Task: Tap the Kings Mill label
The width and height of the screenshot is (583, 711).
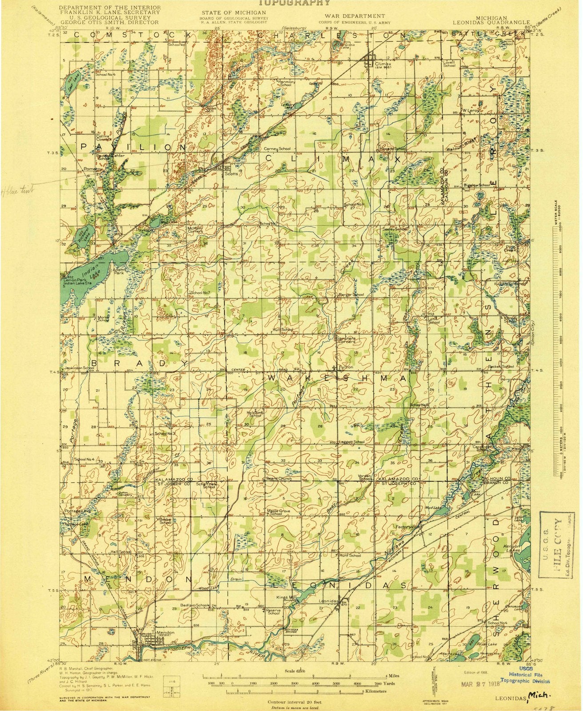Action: pyautogui.click(x=286, y=597)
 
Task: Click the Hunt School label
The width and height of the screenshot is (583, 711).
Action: pyautogui.click(x=350, y=555)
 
